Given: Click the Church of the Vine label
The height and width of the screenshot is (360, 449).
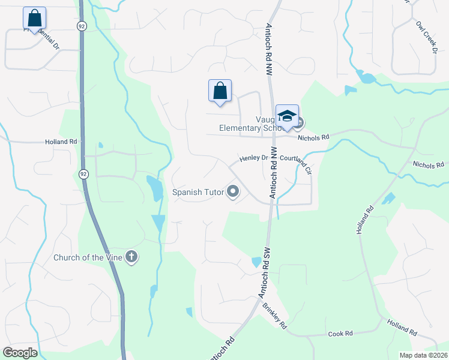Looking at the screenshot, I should coord(88,258).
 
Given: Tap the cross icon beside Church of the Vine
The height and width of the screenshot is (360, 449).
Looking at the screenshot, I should coord(131,258).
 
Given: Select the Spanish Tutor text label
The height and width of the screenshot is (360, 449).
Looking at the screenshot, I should coord(197,193).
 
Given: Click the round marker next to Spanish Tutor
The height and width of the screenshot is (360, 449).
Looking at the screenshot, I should coord(233,193).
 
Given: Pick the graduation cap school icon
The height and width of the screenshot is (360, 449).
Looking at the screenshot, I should coord(287,115).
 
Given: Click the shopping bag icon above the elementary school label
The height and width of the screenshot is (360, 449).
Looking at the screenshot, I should coord(220,91).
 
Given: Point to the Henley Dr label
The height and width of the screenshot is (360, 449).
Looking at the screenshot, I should coord(253,158).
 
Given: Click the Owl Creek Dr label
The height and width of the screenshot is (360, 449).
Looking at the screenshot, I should coord(426,38).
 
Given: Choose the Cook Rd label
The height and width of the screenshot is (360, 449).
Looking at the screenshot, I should coord(340,333).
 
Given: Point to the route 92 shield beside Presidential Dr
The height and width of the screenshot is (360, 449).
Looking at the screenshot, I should coord(82,26).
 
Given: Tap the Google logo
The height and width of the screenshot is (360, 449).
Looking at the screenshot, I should coord(20,353).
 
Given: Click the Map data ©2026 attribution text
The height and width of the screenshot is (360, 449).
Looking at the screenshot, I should coord(423,355).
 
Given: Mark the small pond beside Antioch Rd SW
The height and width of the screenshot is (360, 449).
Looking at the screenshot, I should coord(257,262).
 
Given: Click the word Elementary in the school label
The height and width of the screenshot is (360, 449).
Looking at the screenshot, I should coord(240,128).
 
